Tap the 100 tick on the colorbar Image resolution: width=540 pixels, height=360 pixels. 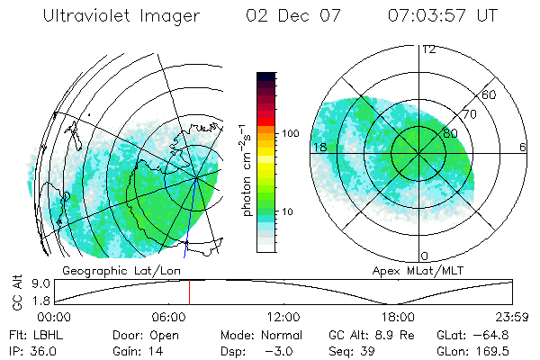click(289, 133)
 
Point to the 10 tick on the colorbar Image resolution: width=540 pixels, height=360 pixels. click(289, 211)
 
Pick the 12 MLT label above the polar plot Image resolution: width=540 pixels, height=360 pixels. click(428, 49)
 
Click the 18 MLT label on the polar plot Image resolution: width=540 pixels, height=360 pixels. click(319, 147)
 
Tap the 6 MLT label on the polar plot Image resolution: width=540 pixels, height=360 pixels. click(523, 147)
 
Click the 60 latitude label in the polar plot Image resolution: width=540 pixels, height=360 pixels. click(490, 94)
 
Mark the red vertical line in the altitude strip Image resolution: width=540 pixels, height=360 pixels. click(189, 292)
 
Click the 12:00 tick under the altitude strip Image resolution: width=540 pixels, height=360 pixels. click(283, 317)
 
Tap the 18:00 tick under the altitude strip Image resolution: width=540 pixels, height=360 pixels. click(398, 317)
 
